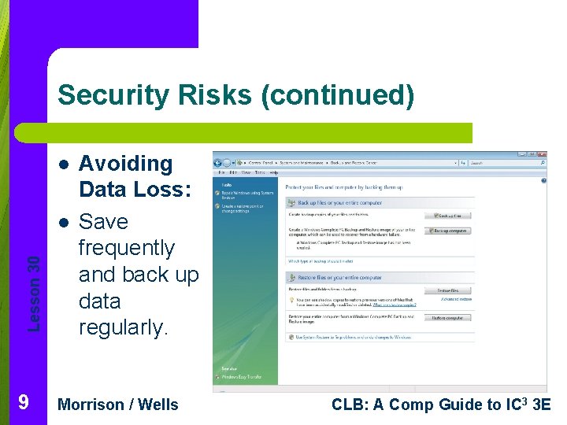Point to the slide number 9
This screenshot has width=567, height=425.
tap(24, 403)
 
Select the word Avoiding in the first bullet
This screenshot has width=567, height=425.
tap(126, 164)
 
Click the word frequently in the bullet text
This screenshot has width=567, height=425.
tap(126, 248)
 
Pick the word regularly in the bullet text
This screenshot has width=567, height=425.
tap(124, 327)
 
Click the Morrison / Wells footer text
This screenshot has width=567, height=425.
tap(119, 405)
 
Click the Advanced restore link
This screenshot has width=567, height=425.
tap(456, 300)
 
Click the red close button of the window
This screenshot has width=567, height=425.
tap(540, 153)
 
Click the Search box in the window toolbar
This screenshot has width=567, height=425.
tap(504, 163)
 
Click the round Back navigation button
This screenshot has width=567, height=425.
tap(219, 163)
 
